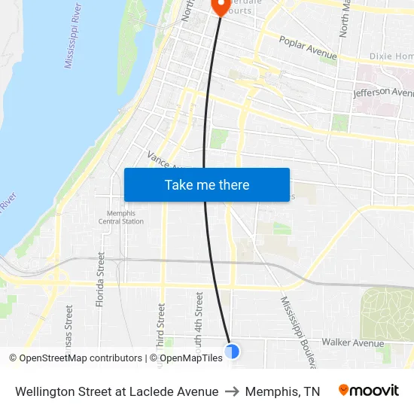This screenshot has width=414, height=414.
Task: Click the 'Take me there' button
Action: coord(207,184)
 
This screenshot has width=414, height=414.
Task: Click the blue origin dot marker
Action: coord(232,351)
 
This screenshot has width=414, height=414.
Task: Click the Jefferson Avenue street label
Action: coord(384,93)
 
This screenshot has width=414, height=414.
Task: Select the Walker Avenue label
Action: coord(353,342)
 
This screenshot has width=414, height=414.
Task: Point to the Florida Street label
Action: coord(101,279)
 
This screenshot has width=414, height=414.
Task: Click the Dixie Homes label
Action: coord(391,56)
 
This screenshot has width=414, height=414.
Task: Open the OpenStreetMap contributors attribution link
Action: coord(76,358)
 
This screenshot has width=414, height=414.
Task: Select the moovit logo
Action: coord(368,390)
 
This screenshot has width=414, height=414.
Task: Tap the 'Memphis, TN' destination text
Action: coord(282,391)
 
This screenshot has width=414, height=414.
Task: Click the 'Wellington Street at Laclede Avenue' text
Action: coord(117,391)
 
